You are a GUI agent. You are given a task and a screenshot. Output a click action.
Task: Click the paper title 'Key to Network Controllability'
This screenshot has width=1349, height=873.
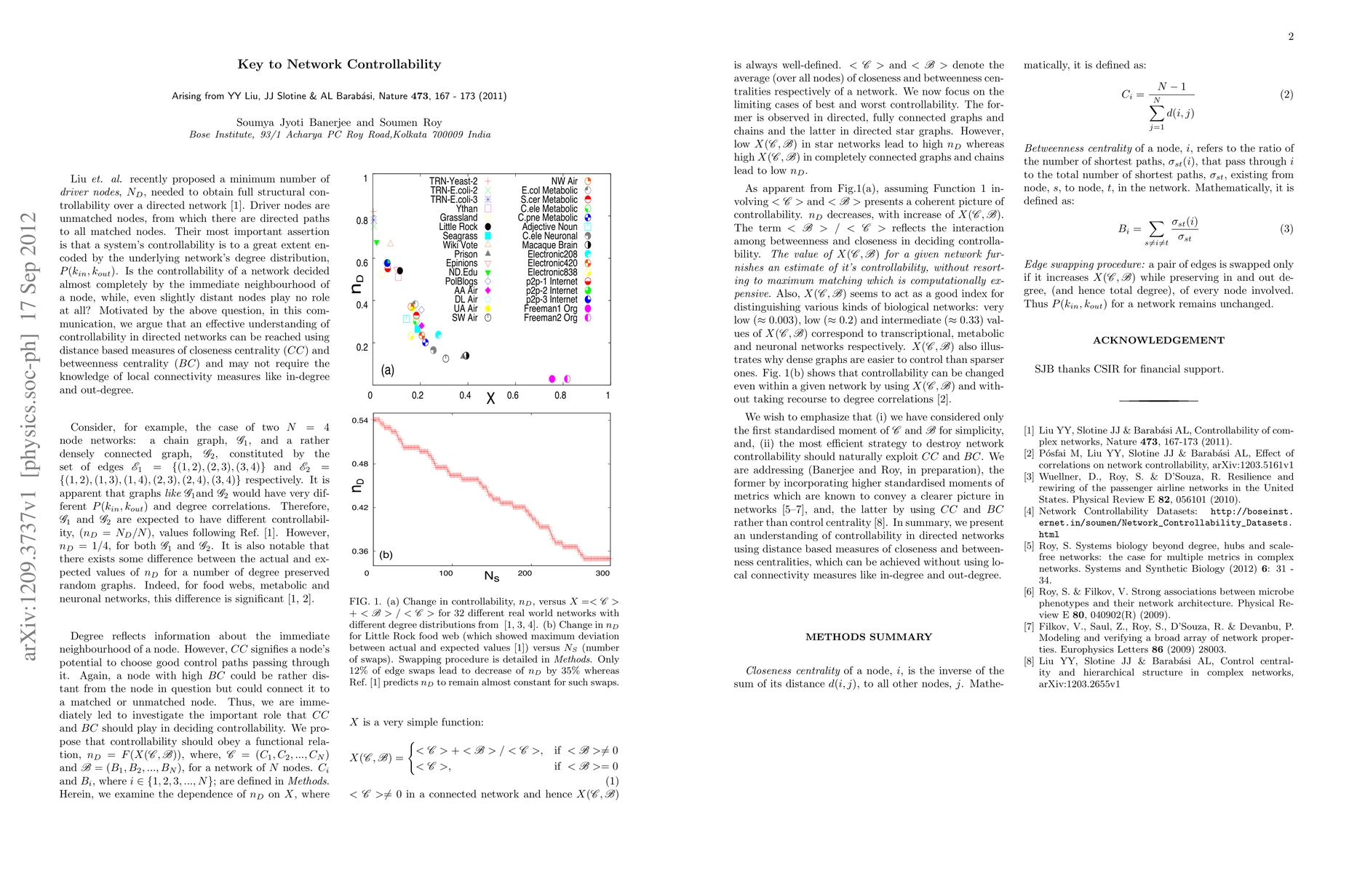tap(339, 64)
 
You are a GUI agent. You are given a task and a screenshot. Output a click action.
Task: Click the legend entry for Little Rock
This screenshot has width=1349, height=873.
tap(458, 227)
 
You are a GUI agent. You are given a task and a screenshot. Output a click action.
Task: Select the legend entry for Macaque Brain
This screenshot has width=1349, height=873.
tap(549, 245)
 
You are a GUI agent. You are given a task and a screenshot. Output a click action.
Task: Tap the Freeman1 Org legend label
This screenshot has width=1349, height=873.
tap(551, 308)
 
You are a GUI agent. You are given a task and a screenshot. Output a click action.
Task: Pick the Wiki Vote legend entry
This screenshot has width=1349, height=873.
tap(460, 245)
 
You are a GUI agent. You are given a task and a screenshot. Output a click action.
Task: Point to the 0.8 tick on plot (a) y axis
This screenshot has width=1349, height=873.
tap(362, 220)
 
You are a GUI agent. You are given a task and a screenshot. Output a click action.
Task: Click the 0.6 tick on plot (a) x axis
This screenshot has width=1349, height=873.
tap(512, 396)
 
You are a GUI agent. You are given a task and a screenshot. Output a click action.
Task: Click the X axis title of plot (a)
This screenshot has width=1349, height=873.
tap(490, 399)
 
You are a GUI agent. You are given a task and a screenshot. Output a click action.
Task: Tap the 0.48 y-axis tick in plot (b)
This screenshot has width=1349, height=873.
tap(359, 463)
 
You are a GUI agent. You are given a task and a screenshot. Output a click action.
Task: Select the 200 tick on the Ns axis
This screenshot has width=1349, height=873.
tap(524, 573)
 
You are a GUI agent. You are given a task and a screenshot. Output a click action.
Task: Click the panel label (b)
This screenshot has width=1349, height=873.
tap(386, 555)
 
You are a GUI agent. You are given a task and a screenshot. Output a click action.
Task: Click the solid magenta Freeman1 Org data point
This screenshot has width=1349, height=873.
tap(552, 379)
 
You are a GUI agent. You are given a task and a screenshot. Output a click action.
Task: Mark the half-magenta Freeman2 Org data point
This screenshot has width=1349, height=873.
tap(568, 379)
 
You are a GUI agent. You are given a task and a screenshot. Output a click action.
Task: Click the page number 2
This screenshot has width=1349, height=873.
tap(1291, 37)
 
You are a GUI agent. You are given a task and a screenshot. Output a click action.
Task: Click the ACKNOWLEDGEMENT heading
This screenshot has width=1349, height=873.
tap(1158, 340)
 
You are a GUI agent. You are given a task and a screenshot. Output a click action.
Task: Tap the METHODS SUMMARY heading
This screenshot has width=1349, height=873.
tap(869, 637)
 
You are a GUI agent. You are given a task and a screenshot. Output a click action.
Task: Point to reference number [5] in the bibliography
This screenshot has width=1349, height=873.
tap(1029, 546)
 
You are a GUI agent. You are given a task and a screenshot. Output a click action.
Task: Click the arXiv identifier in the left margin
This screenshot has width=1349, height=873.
tap(30, 436)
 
